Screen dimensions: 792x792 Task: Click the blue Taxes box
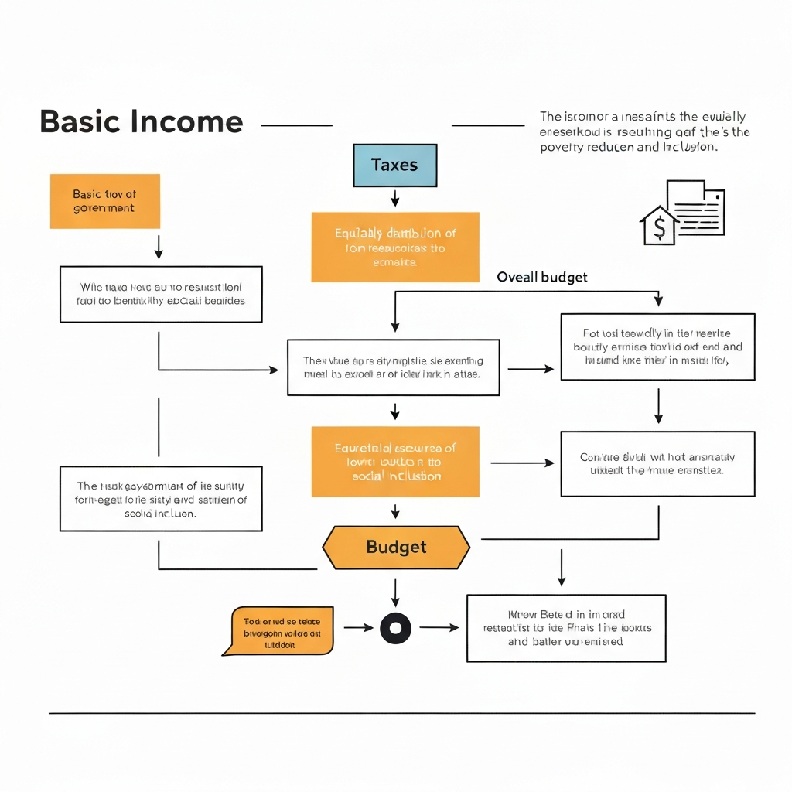click(394, 165)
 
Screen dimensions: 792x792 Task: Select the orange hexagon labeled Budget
click(395, 547)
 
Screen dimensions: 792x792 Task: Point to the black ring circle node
click(395, 628)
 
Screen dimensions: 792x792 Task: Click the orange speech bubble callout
click(281, 629)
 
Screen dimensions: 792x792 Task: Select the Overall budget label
click(541, 277)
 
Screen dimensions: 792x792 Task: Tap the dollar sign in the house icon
click(659, 227)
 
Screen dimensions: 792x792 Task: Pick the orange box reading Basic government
click(104, 201)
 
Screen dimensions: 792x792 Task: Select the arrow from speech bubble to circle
click(357, 628)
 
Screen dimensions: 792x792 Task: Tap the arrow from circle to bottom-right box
click(439, 628)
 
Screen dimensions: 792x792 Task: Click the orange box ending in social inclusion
click(395, 462)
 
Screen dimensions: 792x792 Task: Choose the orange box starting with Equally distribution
click(395, 247)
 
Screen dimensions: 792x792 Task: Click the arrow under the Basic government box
click(159, 247)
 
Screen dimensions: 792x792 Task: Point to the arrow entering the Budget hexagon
click(395, 510)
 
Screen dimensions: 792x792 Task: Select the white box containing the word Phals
click(566, 628)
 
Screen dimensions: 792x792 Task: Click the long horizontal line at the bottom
click(401, 713)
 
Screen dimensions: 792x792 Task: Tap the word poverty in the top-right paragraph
click(562, 147)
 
